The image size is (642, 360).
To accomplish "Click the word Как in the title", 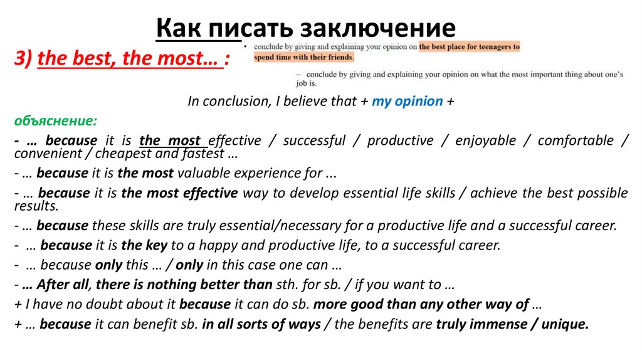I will coord(179,28).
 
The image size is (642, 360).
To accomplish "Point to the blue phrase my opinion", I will coord(407,101).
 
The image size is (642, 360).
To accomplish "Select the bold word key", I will coord(159,245).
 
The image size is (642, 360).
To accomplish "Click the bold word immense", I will coord(503,324).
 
